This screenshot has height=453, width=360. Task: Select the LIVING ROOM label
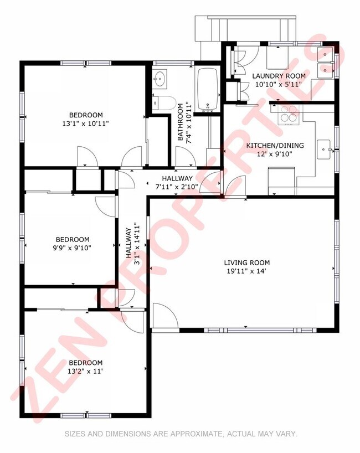(x=246, y=262)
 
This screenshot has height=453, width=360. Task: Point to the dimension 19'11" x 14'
(x=246, y=271)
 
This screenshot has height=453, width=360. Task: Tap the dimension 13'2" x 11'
(x=86, y=372)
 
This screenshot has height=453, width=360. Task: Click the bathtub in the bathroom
(x=208, y=90)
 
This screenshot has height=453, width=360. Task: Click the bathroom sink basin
(x=161, y=79)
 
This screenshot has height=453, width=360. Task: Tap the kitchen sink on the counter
(x=323, y=148)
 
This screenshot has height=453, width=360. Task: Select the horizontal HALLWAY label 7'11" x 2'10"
(x=177, y=182)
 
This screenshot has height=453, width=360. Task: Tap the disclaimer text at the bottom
(x=181, y=434)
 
